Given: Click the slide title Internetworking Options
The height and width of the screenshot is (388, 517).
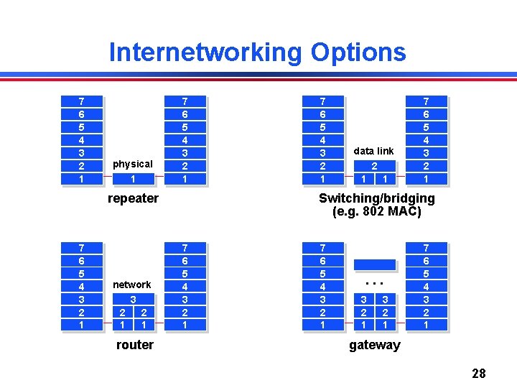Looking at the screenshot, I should [257, 52].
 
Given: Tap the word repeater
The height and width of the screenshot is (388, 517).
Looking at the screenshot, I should [133, 198].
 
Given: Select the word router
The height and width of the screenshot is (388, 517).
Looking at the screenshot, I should [134, 345].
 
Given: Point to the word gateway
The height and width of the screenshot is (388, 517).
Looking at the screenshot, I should [374, 345].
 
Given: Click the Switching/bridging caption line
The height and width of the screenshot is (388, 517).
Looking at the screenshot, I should [376, 198].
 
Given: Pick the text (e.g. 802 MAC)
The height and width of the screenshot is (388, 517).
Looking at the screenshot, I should [376, 212].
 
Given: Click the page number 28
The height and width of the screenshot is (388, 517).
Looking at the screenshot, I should [479, 373].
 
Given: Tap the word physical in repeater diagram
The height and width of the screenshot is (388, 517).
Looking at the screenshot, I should [133, 165].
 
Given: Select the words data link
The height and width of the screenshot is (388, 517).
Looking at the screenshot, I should [373, 151].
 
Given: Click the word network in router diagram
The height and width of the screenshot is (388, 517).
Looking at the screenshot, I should [132, 285].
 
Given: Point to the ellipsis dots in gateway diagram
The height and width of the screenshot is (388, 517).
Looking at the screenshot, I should [374, 282].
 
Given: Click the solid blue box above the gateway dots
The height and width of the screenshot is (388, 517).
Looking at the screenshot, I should [374, 264].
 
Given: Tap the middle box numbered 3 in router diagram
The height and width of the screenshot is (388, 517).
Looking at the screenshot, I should [133, 299].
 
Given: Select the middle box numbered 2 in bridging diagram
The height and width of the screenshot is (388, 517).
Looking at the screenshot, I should [374, 165].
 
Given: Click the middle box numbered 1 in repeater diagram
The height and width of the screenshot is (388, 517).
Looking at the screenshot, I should [133, 179].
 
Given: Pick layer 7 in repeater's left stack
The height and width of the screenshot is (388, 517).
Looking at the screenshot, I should [81, 101].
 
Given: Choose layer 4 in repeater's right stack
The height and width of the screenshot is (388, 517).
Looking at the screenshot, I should [185, 140].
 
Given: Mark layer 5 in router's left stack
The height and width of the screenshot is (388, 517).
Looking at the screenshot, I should [81, 274].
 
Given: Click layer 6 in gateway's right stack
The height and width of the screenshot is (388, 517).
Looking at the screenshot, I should [426, 261].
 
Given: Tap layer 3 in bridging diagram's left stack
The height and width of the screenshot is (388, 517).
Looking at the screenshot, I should [322, 153].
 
